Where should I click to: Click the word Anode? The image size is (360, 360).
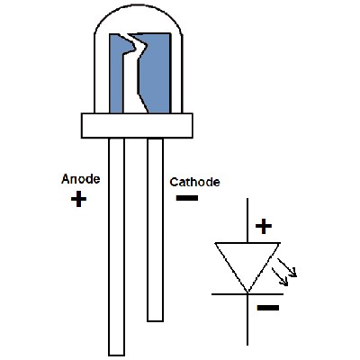pyautogui.click(x=80, y=179)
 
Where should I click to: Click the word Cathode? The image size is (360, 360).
pyautogui.click(x=194, y=182)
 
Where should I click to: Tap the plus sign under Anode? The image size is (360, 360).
pyautogui.click(x=78, y=199)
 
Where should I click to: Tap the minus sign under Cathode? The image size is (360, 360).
pyautogui.click(x=187, y=198)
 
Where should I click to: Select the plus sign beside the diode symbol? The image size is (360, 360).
pyautogui.click(x=264, y=226)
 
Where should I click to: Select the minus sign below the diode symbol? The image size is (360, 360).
pyautogui.click(x=268, y=308)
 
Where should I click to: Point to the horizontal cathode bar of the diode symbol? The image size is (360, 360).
pyautogui.click(x=247, y=294)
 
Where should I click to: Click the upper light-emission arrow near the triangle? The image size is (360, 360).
pyautogui.click(x=287, y=267)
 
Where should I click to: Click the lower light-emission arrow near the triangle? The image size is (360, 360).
pyautogui.click(x=280, y=276)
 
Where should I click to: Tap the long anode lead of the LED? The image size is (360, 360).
pyautogui.click(x=116, y=247)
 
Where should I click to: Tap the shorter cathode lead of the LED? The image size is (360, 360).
pyautogui.click(x=156, y=229)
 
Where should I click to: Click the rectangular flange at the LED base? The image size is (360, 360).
pyautogui.click(x=137, y=125)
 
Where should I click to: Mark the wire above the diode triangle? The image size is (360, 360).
pyautogui.click(x=247, y=220)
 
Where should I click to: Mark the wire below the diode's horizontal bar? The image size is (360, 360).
pyautogui.click(x=247, y=320)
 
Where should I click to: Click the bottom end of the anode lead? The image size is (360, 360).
pyautogui.click(x=116, y=355)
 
